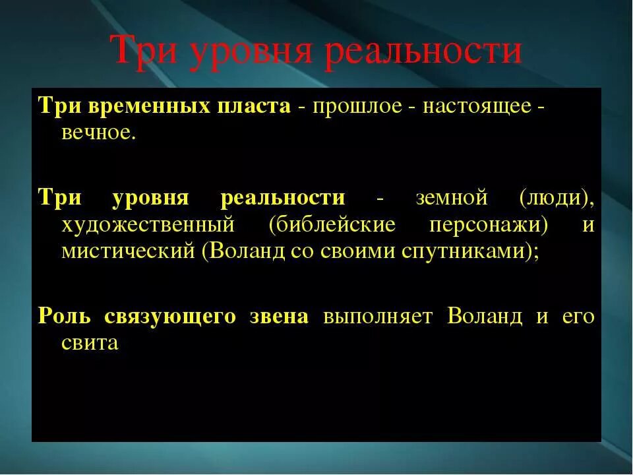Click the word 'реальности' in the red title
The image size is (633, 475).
pyautogui.click(x=425, y=51)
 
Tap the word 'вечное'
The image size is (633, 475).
pyautogui.click(x=98, y=133)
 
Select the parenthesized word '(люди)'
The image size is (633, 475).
pyautogui.click(x=557, y=198)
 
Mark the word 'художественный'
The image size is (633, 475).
pyautogui.click(x=148, y=225)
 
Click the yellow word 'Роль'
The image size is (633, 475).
pyautogui.click(x=63, y=316)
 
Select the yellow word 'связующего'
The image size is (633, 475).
pyautogui.click(x=170, y=316)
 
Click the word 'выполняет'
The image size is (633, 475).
pyautogui.click(x=378, y=316)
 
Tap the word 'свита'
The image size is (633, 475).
pyautogui.click(x=90, y=343)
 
